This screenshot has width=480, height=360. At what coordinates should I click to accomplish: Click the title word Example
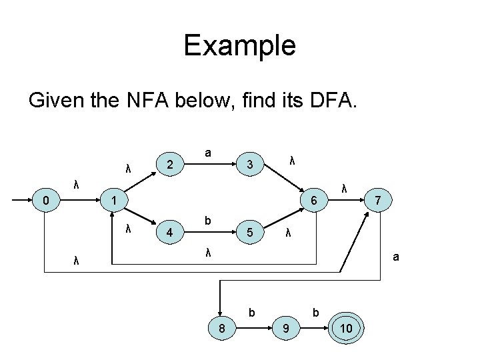(x=239, y=45)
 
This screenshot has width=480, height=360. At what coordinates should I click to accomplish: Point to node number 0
(x=44, y=199)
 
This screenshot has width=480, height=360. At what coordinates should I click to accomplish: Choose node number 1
(x=115, y=200)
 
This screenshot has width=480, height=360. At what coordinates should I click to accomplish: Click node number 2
(x=171, y=164)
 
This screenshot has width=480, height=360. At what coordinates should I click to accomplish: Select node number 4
(x=171, y=234)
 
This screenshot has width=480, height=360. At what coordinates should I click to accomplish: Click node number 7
(x=378, y=200)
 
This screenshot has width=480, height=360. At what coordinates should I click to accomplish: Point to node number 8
(x=221, y=329)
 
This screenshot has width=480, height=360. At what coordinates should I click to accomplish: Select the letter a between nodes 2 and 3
(x=208, y=153)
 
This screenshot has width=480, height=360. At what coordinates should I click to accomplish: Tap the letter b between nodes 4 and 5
(x=208, y=221)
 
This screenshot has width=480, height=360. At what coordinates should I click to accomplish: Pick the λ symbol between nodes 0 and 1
(x=77, y=185)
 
